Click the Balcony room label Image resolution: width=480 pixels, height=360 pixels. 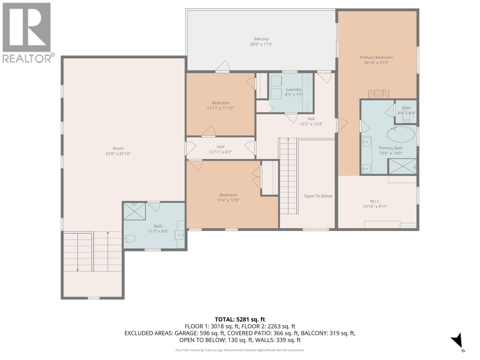pos(261,39)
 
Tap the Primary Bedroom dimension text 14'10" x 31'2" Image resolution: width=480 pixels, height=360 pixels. pos(376,63)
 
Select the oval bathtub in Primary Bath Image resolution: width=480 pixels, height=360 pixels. pos(401,134)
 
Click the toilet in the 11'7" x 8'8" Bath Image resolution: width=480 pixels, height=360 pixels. pos(130,239)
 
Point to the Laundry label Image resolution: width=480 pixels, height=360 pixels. pos(294,89)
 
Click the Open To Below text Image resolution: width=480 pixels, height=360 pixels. pos(318,196)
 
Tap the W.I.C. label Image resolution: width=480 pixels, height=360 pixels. pos(375,201)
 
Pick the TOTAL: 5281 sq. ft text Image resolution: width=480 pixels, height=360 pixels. pos(240,319)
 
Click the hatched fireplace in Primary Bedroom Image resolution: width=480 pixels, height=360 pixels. pos(379,94)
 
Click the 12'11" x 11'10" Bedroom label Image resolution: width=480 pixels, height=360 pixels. pos(220,103)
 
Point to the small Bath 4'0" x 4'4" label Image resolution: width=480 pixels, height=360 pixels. pos(406,108)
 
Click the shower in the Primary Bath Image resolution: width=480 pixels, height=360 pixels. pos(402,166)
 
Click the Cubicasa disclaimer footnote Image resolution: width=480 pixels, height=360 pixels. pos(240,350)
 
